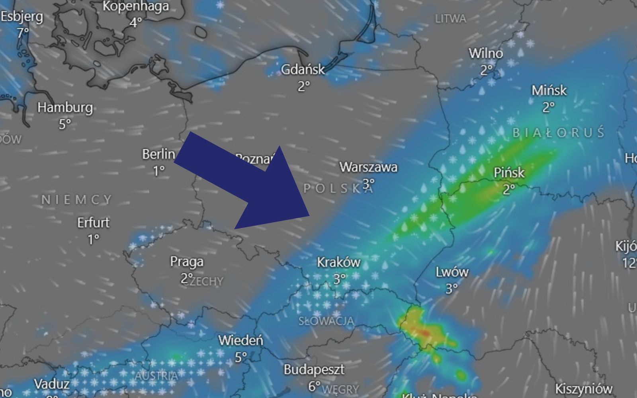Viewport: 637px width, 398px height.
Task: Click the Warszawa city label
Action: point(368,167)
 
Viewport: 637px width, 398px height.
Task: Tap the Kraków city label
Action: point(338,262)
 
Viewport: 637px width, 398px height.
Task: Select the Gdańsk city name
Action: point(303,70)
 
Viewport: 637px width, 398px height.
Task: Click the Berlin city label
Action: point(158,154)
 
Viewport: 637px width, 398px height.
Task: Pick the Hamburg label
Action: point(65,107)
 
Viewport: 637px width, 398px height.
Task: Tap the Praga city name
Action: point(187,261)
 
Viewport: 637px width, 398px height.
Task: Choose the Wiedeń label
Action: point(240,341)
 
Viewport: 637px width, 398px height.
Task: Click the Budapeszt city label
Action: point(314,370)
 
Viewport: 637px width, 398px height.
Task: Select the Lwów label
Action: point(452,272)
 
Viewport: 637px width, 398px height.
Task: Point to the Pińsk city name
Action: point(509,173)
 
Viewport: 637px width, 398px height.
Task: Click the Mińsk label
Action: point(549,90)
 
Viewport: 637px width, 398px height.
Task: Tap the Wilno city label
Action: point(485,53)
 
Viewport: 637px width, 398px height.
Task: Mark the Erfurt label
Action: point(93,222)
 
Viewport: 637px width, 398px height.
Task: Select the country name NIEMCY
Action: point(77,199)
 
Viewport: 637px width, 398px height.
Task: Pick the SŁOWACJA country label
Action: point(326,321)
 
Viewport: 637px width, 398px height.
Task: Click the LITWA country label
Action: point(450,19)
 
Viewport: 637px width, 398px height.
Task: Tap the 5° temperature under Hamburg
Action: point(65,124)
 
